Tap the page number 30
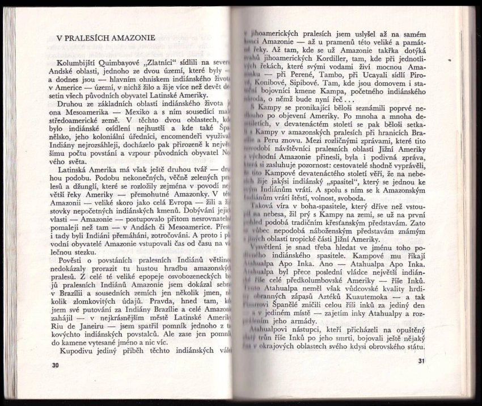[55, 365]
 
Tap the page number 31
[421, 361]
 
